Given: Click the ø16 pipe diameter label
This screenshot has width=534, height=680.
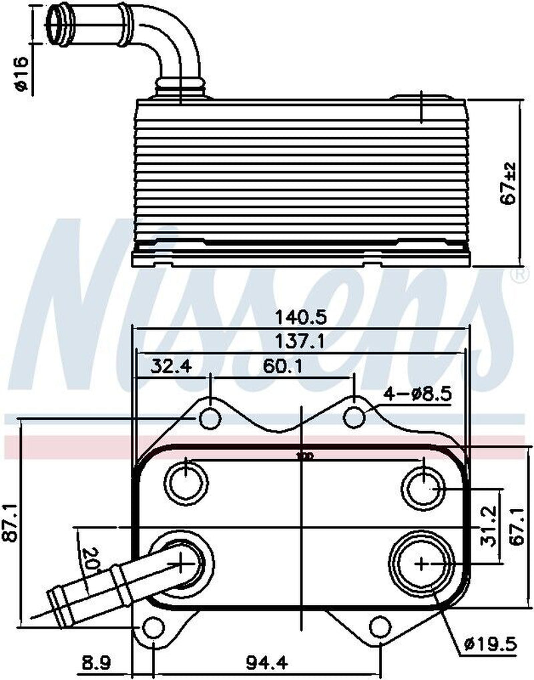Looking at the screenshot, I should point(20,75).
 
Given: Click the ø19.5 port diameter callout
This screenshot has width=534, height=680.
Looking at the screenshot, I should point(491,645).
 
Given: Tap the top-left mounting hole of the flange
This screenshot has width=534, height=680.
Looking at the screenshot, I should point(210,418).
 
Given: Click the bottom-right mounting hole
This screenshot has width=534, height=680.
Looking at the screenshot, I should point(379,627).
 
